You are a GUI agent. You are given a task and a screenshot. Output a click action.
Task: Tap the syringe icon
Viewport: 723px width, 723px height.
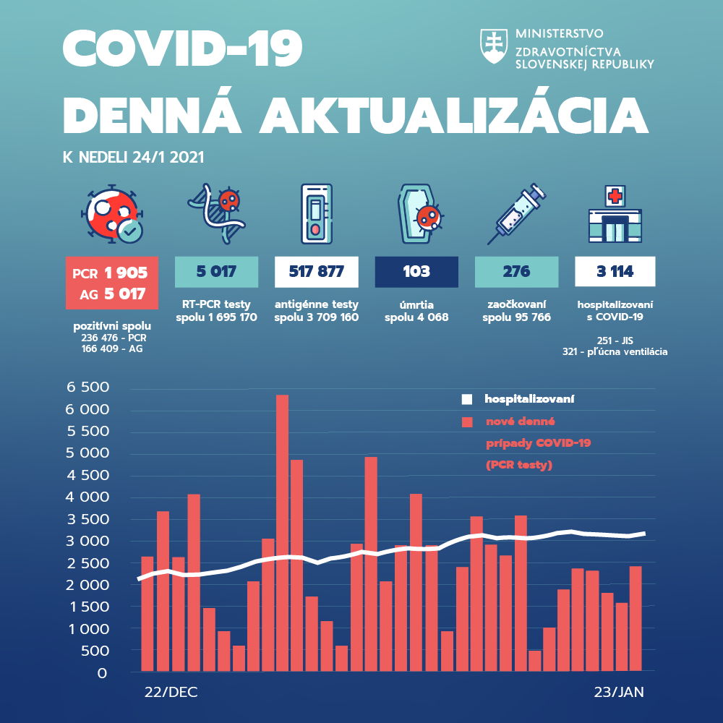click(515, 213)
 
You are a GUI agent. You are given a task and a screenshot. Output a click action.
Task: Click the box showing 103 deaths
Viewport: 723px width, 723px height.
click(416, 272)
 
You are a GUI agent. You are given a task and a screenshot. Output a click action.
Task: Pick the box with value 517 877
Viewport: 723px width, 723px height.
click(317, 272)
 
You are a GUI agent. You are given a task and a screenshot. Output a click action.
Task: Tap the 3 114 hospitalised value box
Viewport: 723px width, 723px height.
click(615, 272)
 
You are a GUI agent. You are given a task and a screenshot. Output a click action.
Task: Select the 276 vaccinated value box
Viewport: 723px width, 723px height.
click(516, 272)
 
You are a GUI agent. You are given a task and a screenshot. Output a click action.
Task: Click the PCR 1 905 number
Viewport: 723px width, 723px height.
click(125, 273)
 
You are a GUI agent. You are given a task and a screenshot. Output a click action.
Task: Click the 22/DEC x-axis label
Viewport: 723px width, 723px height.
click(171, 692)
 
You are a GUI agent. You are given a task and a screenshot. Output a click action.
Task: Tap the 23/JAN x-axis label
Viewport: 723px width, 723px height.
click(619, 692)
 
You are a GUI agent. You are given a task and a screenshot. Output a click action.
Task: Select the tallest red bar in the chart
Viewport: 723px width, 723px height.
click(282, 532)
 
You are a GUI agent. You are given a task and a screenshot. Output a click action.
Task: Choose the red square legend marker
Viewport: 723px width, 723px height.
click(467, 422)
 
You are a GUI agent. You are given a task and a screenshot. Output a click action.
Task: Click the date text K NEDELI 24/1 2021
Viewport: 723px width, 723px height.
click(134, 157)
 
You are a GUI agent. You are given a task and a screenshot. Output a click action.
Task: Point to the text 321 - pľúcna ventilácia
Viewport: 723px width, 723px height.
click(615, 351)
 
